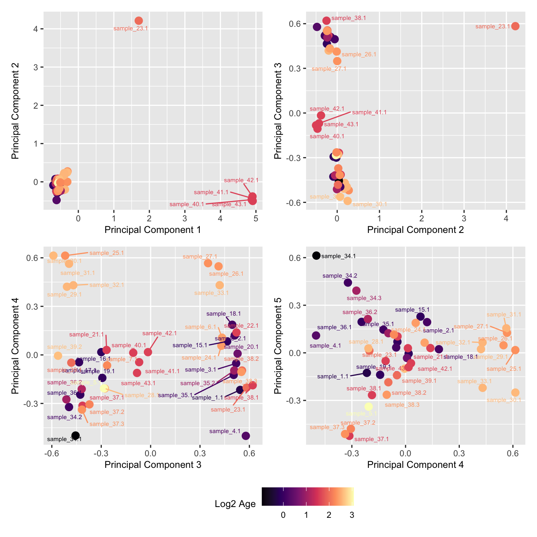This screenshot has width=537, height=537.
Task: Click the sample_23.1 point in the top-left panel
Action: pyautogui.click(x=139, y=21)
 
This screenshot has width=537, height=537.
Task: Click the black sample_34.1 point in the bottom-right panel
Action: pyautogui.click(x=316, y=255)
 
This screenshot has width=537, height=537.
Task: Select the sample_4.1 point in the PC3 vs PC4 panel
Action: pyautogui.click(x=246, y=436)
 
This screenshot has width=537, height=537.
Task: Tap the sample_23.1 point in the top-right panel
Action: pyautogui.click(x=515, y=26)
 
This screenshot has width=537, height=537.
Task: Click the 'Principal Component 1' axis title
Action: pyautogui.click(x=152, y=230)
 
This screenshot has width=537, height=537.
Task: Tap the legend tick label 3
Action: pyautogui.click(x=352, y=515)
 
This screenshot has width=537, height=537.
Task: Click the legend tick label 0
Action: pyautogui.click(x=283, y=515)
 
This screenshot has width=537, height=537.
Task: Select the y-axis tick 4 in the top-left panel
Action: pyautogui.click(x=36, y=29)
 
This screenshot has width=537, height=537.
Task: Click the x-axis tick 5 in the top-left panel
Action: pyautogui.click(x=256, y=218)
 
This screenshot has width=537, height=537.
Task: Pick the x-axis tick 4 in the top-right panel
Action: pyautogui.click(x=506, y=218)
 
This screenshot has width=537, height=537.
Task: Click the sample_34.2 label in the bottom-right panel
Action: pyautogui.click(x=340, y=276)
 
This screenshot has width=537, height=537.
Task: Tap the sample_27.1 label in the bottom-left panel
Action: pyautogui.click(x=200, y=257)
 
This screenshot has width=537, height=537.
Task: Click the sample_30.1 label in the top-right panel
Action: pyautogui.click(x=370, y=204)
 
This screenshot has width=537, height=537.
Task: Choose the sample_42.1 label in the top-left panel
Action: pyautogui.click(x=241, y=180)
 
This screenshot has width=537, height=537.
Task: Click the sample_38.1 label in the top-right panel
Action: pyautogui.click(x=348, y=18)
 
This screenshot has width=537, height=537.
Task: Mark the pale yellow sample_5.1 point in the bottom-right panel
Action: pyautogui.click(x=368, y=406)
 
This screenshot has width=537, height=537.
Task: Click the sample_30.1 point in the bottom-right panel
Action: pyautogui.click(x=515, y=392)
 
